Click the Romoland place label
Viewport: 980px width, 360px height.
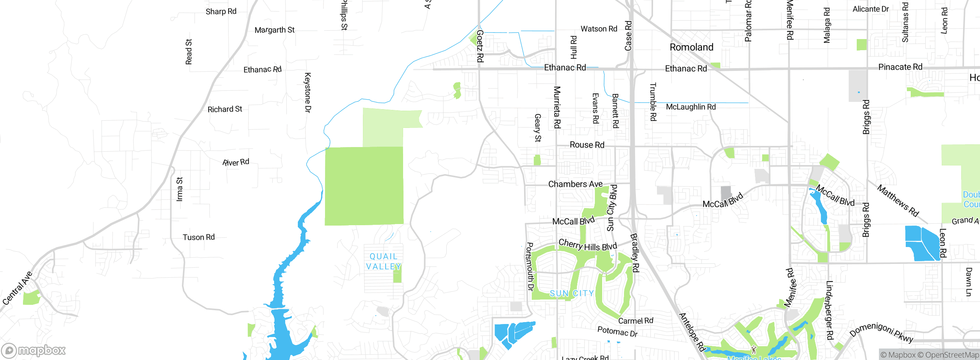(691, 47)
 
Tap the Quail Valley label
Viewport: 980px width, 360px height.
(383, 262)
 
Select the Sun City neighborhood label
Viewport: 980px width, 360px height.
(572, 293)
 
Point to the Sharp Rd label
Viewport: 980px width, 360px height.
(221, 11)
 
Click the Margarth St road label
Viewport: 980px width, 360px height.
(274, 30)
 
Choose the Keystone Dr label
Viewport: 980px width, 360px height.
(307, 92)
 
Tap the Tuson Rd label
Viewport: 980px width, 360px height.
(199, 237)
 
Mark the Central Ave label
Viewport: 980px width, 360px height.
(17, 288)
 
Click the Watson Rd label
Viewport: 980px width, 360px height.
(599, 29)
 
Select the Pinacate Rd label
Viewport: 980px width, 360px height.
(900, 67)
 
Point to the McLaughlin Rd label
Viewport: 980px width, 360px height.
(691, 107)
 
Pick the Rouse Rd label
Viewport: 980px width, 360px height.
(587, 145)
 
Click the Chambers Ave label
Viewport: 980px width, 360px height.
(575, 184)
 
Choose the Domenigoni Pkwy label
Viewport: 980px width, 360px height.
(881, 332)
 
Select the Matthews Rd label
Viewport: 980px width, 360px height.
(898, 201)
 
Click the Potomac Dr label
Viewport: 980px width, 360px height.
(617, 331)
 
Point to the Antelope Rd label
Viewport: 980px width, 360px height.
(692, 332)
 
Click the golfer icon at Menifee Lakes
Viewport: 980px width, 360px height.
(754, 350)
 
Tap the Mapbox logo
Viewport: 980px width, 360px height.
(34, 350)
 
